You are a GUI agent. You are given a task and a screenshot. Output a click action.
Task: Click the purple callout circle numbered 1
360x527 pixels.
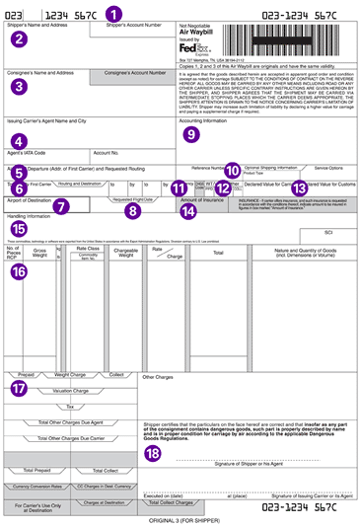[x=113, y=15]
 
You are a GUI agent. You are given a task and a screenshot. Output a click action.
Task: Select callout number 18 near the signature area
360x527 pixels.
[x=152, y=453]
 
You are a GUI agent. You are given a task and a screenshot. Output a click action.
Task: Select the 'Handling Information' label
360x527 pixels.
[x=32, y=217]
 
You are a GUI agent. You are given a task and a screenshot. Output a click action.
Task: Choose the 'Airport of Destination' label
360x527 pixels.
[x=30, y=198]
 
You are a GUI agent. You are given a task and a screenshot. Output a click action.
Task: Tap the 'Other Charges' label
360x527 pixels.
[x=158, y=377]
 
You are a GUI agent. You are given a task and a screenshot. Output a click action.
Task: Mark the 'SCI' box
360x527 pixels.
[x=329, y=231]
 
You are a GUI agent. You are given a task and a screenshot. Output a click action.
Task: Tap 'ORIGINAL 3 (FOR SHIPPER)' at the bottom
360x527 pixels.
[x=180, y=520]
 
